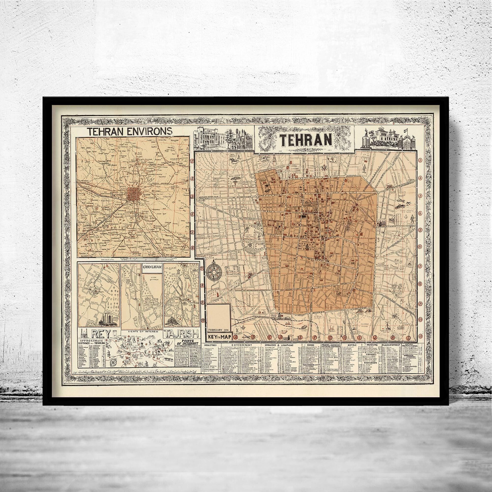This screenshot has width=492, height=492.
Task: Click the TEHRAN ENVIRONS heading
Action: (129, 131)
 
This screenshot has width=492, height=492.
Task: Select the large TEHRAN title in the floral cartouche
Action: (306, 139)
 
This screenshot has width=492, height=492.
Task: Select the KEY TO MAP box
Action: (219, 337)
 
